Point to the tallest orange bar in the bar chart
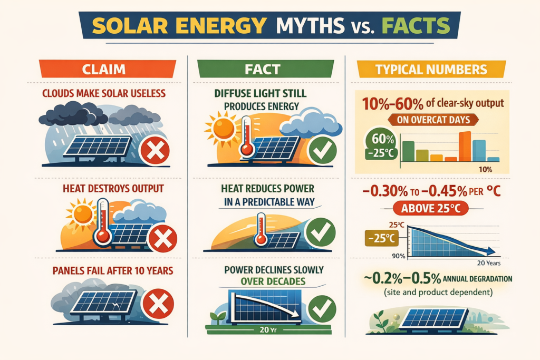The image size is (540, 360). coord(465,146)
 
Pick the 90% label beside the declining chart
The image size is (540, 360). coord(398,256)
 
